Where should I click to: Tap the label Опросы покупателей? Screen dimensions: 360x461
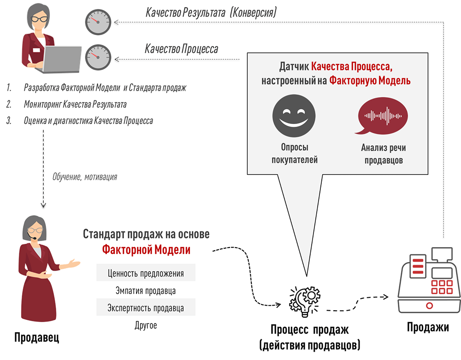pos(294,154)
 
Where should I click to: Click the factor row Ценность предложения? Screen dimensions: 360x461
pos(146,273)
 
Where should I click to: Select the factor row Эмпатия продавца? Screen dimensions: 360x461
pos(146,291)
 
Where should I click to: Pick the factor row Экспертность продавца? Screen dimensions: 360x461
pos(146,308)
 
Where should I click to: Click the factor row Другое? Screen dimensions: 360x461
pos(146,325)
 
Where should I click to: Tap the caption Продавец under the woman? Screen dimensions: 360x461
pos(37,338)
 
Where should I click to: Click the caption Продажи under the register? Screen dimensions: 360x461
pos(428,328)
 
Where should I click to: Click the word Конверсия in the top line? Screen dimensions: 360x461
pos(253,12)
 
